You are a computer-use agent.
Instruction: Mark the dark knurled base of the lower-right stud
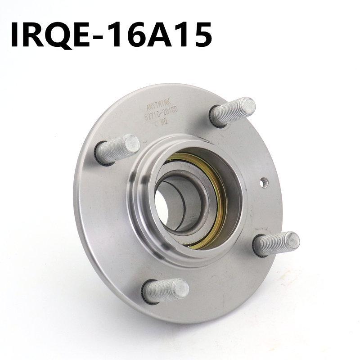click(x=257, y=247)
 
